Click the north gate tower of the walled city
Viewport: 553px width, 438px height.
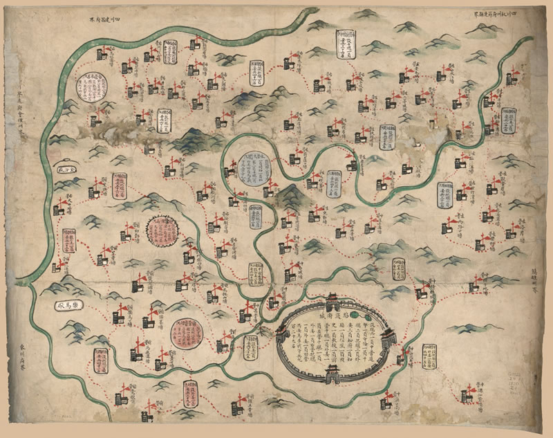click(331, 302)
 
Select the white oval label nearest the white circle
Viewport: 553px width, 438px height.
click(64, 168)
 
